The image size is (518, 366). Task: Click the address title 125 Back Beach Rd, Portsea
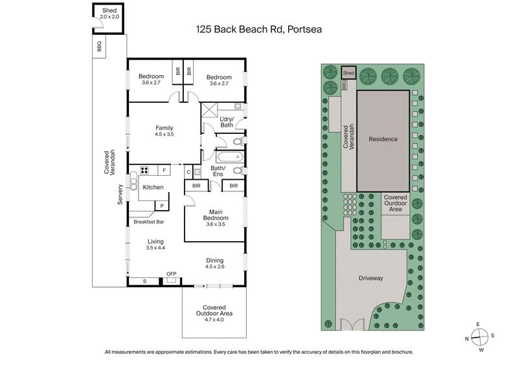pos(259,29)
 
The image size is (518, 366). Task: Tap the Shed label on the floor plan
pos(109,10)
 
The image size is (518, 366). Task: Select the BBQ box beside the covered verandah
pos(99,47)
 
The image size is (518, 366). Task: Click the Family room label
pos(163,127)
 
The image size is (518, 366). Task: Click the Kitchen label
pos(153,187)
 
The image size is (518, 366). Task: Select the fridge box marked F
pos(164,171)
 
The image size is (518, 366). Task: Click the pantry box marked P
pos(161,205)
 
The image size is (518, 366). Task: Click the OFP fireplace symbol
pos(171,274)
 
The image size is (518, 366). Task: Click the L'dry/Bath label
pos(226,122)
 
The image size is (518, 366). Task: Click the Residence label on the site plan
pos(383,139)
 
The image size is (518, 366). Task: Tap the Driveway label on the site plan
pos(372,278)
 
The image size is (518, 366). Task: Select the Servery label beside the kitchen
pos(120,195)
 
